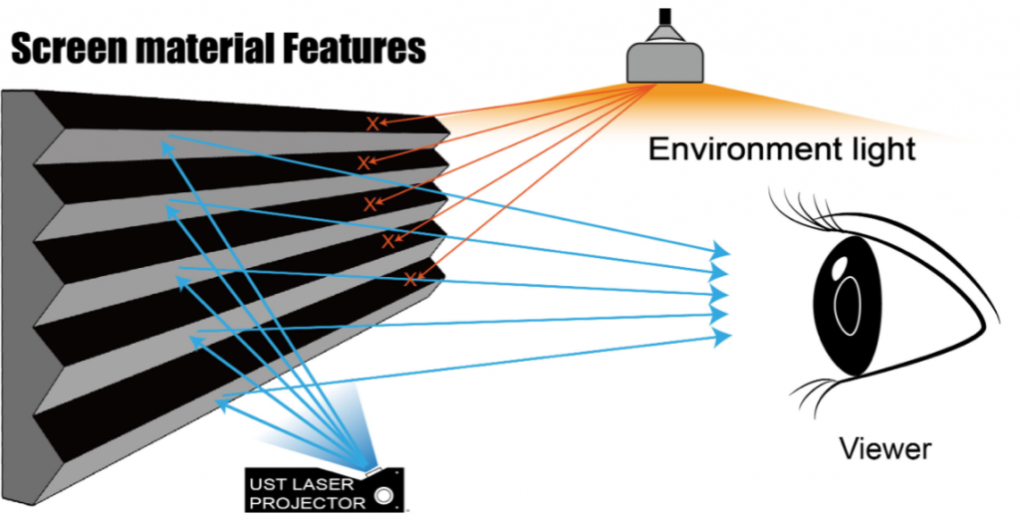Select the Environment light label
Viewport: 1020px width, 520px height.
[x=782, y=149]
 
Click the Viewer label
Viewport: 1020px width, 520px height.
[x=885, y=448]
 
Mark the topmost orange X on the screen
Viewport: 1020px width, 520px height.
[x=373, y=124]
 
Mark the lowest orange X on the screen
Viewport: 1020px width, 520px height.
[x=409, y=280]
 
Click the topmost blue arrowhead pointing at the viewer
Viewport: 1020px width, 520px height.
[x=722, y=249]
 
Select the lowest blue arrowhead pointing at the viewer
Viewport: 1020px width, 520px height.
[x=722, y=337]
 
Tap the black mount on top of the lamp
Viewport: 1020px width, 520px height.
[x=664, y=16]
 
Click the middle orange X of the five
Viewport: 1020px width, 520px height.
[x=371, y=204]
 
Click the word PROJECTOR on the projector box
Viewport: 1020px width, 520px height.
[x=308, y=502]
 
